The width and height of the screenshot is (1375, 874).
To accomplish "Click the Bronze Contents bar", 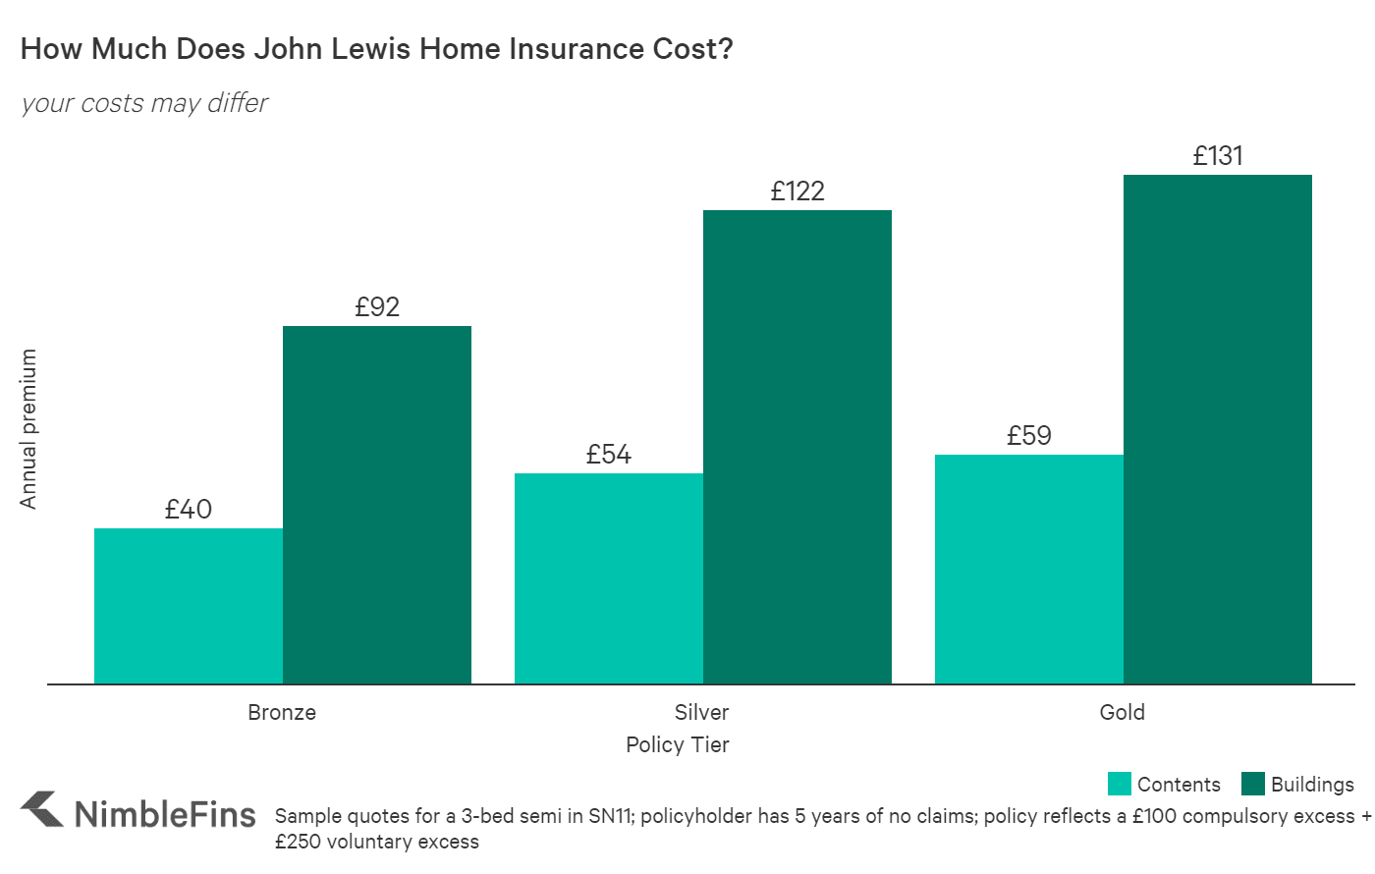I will click(x=189, y=606).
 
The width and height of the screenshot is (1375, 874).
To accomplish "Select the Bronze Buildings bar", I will click(x=377, y=505).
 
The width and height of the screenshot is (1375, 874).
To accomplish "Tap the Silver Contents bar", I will click(x=609, y=578).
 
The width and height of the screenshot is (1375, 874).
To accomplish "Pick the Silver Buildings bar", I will click(x=797, y=447).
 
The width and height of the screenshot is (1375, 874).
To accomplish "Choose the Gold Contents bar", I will click(x=1029, y=569).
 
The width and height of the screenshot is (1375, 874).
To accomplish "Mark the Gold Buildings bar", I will click(x=1218, y=429).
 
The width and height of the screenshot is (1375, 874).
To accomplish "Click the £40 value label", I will click(x=189, y=510).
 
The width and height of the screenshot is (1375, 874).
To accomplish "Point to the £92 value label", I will click(x=377, y=307).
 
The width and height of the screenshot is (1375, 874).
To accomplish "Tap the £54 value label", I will click(x=609, y=455).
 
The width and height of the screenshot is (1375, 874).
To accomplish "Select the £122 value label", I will click(x=797, y=191).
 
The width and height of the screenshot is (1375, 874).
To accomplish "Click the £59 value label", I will click(x=1029, y=436).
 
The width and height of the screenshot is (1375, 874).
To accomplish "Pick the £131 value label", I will click(x=1218, y=156).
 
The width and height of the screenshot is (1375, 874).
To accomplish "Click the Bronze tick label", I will click(x=282, y=712).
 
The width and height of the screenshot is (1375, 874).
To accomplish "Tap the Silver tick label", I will click(x=702, y=712).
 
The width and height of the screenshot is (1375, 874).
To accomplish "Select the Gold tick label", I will click(x=1123, y=712).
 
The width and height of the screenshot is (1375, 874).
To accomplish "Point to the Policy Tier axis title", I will click(x=678, y=744).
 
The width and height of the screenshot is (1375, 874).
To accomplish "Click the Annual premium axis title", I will click(x=28, y=429).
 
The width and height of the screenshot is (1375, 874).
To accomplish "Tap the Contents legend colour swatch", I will click(x=1119, y=784).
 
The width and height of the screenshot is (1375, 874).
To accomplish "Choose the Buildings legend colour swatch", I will click(x=1252, y=784).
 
